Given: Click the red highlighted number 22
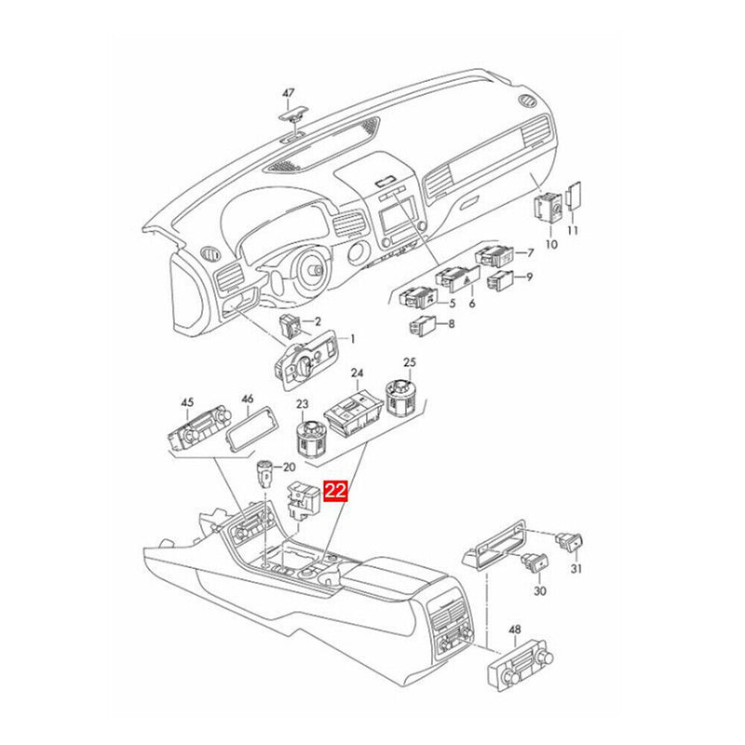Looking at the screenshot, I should (x=335, y=491).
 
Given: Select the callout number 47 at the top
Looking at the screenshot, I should (x=289, y=93).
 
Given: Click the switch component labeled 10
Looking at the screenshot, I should (x=548, y=206).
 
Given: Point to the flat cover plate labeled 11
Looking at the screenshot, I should (x=575, y=194).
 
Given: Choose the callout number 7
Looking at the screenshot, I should (x=530, y=252).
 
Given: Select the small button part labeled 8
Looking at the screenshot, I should (x=421, y=326).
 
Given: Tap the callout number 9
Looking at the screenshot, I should (x=530, y=277).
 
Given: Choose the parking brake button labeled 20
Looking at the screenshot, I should (x=264, y=475).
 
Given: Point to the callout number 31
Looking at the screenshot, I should (x=576, y=570).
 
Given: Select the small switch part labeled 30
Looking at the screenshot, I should (x=536, y=562).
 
